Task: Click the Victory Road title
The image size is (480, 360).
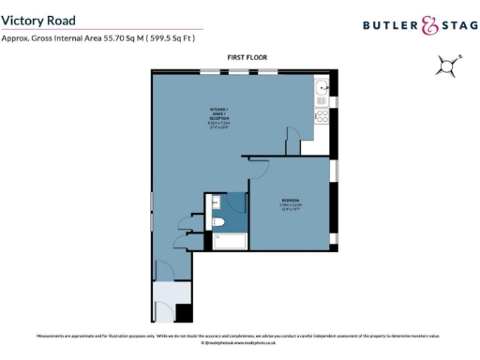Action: point(38,19)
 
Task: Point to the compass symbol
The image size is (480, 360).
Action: point(447,66)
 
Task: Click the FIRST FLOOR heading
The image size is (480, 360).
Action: point(247,58)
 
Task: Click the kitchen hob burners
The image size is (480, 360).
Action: point(320,117)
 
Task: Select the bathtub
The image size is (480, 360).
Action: point(229,242)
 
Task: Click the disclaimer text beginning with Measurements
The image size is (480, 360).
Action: point(239,336)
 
